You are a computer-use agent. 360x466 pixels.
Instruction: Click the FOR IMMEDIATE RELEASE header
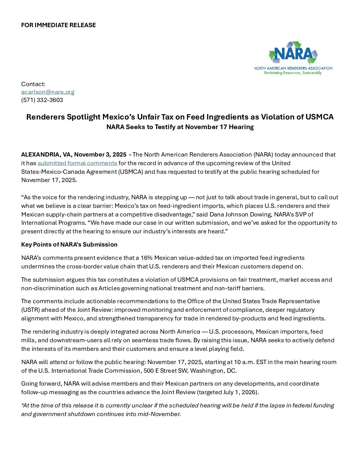click(x=59, y=25)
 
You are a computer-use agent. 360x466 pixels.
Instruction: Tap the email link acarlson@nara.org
click(x=48, y=92)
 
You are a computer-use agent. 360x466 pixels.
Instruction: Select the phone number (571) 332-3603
click(x=42, y=100)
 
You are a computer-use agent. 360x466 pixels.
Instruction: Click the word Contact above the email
click(x=33, y=84)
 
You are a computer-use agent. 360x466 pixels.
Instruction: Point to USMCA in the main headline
click(x=319, y=117)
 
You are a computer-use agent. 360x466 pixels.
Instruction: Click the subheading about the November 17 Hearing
click(x=180, y=127)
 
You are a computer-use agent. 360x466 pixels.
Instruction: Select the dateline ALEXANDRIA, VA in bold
click(x=46, y=155)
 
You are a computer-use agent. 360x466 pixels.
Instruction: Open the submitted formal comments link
click(x=77, y=163)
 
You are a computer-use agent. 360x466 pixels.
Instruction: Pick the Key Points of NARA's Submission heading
click(x=69, y=245)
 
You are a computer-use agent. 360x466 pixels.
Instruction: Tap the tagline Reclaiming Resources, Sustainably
click(x=293, y=73)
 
